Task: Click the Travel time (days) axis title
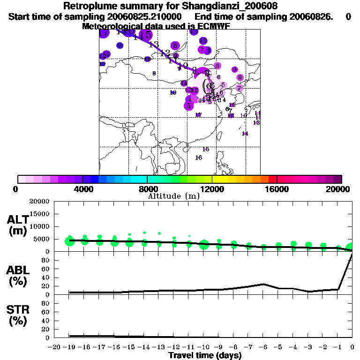[x=205, y=356]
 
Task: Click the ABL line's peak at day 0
[x=352, y=254]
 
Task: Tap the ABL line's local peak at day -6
[x=263, y=284]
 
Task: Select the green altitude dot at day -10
[x=204, y=244]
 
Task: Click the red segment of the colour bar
[x=273, y=179]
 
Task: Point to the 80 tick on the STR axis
[x=46, y=303]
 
